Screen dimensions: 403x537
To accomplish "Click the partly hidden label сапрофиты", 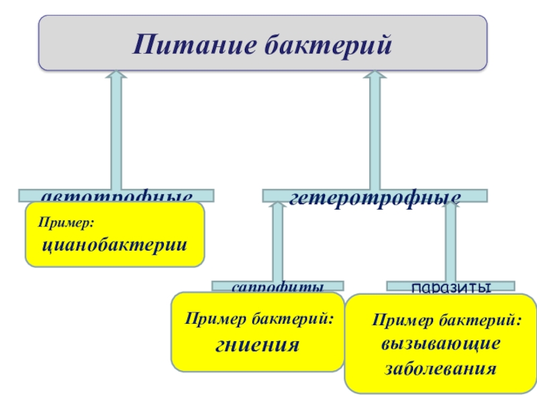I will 278,287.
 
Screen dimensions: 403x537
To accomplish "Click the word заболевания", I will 440,369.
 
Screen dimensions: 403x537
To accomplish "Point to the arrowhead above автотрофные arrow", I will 116,76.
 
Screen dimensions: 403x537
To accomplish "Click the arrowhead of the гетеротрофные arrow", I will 375,76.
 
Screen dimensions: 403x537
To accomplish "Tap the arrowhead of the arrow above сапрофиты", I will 277,207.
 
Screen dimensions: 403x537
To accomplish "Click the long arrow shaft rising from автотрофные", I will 116,134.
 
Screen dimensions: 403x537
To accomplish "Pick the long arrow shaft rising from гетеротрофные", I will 375,134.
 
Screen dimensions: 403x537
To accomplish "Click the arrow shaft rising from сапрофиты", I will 277,249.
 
